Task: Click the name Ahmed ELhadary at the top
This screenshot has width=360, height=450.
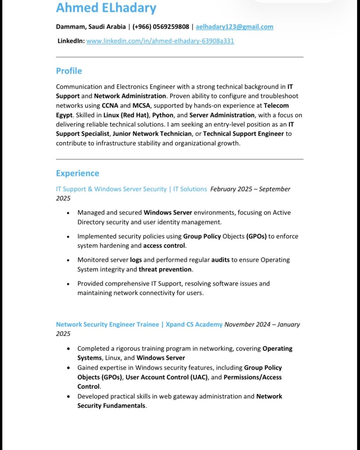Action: click(106, 8)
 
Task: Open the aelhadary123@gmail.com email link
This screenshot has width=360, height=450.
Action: click(234, 27)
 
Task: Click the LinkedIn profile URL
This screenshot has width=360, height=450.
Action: click(160, 41)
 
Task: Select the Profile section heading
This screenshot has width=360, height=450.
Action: click(69, 71)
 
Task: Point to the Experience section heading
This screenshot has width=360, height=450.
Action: click(78, 173)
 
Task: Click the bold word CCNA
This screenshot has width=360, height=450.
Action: click(110, 105)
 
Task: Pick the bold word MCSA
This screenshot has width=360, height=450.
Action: click(141, 105)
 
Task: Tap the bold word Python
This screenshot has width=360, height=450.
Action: click(163, 115)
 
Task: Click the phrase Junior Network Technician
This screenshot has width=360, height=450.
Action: click(153, 134)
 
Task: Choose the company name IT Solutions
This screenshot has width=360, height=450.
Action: click(190, 189)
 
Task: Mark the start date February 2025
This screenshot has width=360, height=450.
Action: click(231, 189)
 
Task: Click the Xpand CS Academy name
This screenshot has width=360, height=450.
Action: click(194, 324)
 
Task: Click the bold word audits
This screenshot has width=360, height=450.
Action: click(220, 260)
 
